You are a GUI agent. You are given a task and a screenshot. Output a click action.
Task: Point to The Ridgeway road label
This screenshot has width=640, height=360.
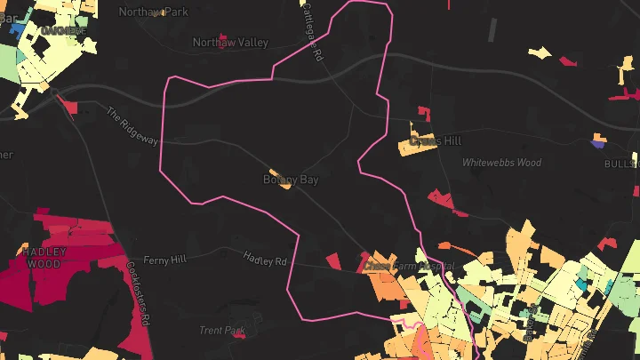point(131,126)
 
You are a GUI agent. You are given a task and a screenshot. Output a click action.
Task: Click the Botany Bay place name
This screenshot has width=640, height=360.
point(290,180)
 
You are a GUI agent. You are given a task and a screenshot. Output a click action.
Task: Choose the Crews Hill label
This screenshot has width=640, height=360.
point(436,140)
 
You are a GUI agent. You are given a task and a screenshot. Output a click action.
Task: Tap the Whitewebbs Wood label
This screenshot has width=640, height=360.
point(501,163)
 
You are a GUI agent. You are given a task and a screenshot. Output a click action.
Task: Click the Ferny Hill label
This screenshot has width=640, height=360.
point(166,259)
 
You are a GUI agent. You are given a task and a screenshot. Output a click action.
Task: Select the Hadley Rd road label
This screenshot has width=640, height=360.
point(265,259)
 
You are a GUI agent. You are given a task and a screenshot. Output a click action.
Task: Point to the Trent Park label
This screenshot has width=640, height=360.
point(222,331)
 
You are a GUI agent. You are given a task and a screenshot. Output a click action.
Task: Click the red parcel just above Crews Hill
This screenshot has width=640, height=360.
point(423,112)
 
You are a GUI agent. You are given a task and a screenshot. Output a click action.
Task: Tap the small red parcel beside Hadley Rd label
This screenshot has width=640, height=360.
point(332,260)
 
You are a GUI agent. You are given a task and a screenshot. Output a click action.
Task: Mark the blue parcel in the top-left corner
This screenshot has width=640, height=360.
point(16,28)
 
